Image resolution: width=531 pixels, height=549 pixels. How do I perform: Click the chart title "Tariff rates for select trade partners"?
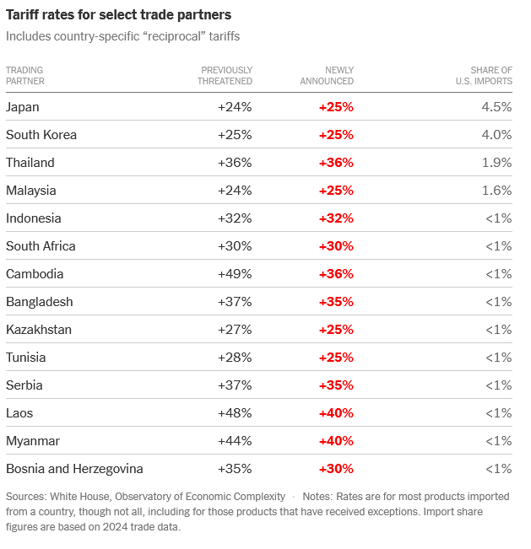[x=118, y=15]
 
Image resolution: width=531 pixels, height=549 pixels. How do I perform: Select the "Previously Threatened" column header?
[x=225, y=76]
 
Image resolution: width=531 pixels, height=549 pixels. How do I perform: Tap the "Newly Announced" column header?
[x=327, y=76]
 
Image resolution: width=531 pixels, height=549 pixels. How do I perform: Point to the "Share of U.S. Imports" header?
[x=484, y=76]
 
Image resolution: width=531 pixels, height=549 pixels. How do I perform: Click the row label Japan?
[x=23, y=107]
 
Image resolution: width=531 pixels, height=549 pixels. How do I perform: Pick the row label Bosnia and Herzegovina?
[x=74, y=469]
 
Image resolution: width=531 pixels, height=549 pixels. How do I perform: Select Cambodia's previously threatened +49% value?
[x=235, y=274]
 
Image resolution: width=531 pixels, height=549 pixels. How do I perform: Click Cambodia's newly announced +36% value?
[x=336, y=274]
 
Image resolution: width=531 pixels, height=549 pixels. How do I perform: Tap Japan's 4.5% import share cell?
[x=496, y=107]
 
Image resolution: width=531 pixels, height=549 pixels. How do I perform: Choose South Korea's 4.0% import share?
[x=496, y=135]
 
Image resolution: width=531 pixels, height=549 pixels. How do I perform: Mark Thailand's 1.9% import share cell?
[x=496, y=163]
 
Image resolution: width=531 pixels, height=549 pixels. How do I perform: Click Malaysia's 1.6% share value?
[x=496, y=191]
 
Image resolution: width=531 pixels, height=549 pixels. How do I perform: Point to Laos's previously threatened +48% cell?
[x=235, y=413]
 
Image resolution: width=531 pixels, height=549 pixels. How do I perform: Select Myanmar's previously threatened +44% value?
[x=235, y=441]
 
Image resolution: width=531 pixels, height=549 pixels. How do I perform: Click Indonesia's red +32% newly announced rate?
[x=336, y=218]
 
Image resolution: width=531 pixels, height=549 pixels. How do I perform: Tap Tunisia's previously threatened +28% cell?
[x=235, y=358]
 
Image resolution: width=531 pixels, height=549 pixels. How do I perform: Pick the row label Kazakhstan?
[x=39, y=330]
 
